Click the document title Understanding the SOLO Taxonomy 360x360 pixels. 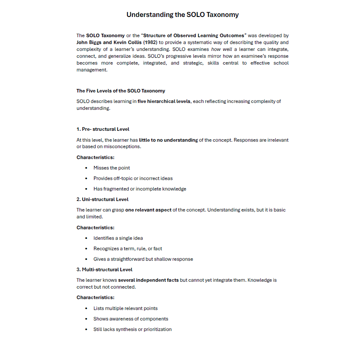(182, 15)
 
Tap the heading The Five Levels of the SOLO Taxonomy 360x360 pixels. (121, 91)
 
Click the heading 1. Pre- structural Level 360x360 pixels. (103, 129)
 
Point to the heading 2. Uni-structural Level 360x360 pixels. (103, 199)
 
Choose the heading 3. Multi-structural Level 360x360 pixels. (105, 270)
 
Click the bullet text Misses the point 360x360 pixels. (112, 168)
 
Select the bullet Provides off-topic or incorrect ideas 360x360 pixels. (133, 178)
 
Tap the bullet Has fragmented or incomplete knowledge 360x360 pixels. (140, 189)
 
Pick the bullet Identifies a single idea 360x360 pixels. (118, 238)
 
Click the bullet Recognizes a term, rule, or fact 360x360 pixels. (128, 249)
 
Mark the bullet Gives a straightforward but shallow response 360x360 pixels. (143, 259)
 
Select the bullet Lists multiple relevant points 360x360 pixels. (126, 308)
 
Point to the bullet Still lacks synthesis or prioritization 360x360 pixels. (132, 329)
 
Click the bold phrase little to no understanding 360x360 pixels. (168, 140)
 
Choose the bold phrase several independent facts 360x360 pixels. (148, 280)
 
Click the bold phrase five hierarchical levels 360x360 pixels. (164, 101)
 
